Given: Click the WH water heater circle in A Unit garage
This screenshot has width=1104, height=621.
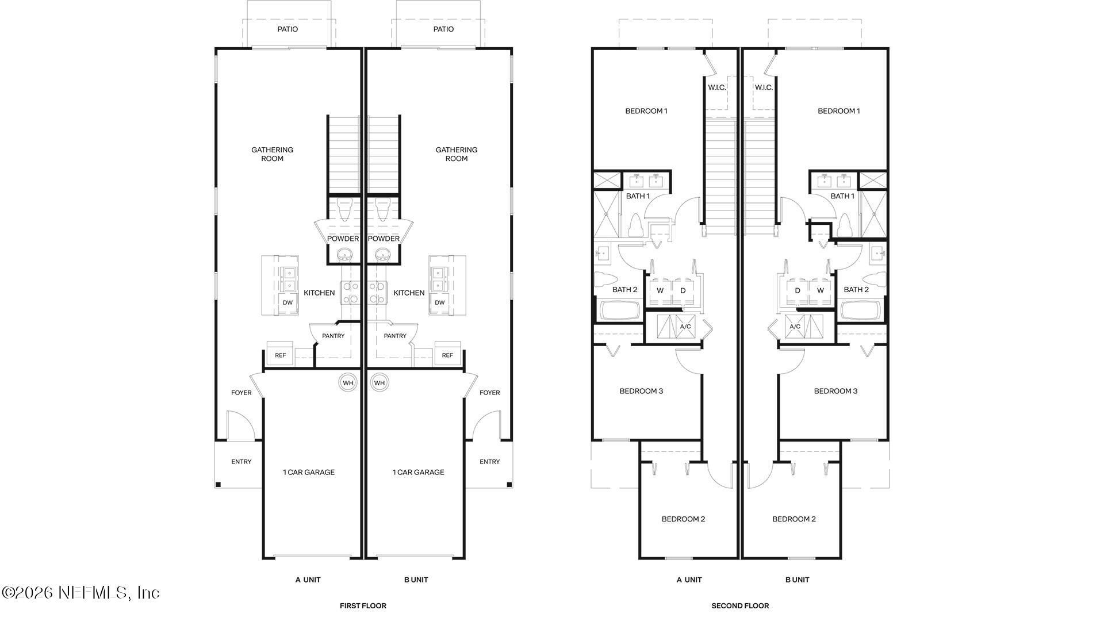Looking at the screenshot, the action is pyautogui.click(x=348, y=382).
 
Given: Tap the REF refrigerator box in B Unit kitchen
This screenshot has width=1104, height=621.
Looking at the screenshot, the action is pyautogui.click(x=447, y=354).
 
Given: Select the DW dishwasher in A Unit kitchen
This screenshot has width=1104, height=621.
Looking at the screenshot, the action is pyautogui.click(x=287, y=302).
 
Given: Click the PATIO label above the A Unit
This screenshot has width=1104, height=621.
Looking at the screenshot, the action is pyautogui.click(x=287, y=29).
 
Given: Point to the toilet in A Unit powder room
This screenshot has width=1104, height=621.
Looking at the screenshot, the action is pyautogui.click(x=345, y=209).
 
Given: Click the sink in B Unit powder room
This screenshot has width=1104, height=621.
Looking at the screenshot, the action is pyautogui.click(x=382, y=254).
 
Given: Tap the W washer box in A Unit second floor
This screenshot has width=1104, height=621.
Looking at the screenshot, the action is pyautogui.click(x=660, y=291).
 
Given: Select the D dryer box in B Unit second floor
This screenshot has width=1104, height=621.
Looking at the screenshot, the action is pyautogui.click(x=798, y=291).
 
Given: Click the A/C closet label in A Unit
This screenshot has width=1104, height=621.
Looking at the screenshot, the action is pyautogui.click(x=685, y=327).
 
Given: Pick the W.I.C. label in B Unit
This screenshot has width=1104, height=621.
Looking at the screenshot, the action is pyautogui.click(x=764, y=87).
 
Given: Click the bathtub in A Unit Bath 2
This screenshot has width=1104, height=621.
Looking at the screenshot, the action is pyautogui.click(x=620, y=311).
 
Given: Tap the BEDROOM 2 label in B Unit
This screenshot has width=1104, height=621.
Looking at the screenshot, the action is pyautogui.click(x=794, y=519).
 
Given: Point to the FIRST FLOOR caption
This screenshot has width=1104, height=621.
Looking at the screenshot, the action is pyautogui.click(x=363, y=605).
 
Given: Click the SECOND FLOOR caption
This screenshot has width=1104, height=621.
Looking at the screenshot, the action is pyautogui.click(x=740, y=605).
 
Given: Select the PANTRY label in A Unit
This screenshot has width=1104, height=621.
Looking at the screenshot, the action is pyautogui.click(x=333, y=336).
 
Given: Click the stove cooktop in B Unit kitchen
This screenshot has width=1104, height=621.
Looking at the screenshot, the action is pyautogui.click(x=378, y=293).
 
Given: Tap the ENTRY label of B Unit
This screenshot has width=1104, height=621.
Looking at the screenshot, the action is pyautogui.click(x=490, y=462).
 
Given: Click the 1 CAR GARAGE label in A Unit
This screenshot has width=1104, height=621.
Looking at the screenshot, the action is pyautogui.click(x=309, y=473).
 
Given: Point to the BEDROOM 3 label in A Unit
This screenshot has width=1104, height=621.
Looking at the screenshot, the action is pyautogui.click(x=641, y=392).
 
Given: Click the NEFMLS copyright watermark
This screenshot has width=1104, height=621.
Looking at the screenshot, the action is pyautogui.click(x=80, y=593).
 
